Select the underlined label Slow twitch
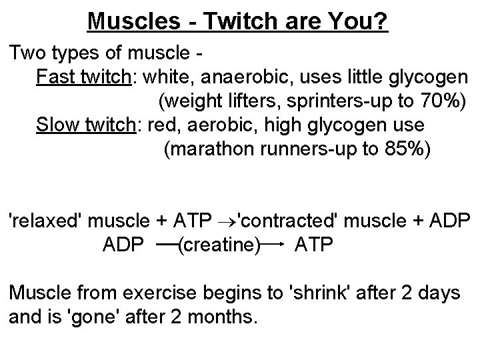point(85,125)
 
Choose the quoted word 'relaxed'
point(44,221)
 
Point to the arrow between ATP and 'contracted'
point(224,221)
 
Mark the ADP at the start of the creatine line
point(123,245)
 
